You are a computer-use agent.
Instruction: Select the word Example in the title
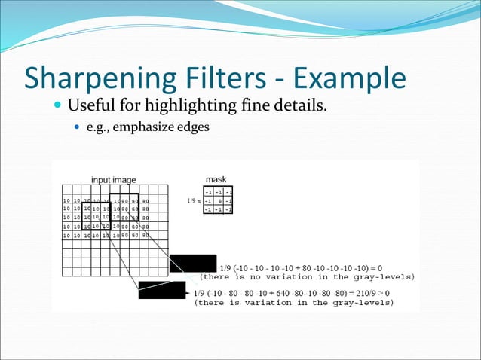click(349, 78)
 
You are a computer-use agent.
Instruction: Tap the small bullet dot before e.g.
click(76, 127)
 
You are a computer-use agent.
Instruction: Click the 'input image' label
click(114, 180)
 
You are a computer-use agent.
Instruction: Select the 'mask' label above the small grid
click(216, 180)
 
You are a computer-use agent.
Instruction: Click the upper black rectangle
click(192, 264)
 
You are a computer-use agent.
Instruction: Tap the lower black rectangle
click(161, 290)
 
